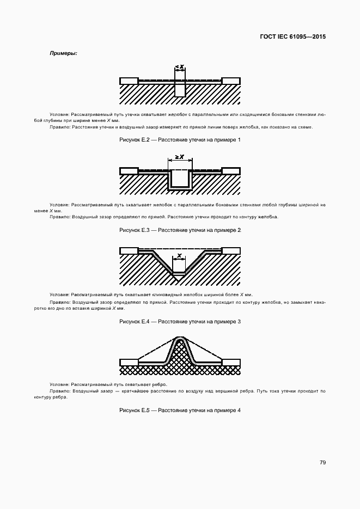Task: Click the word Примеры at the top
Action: [64, 53]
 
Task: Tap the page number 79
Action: [322, 462]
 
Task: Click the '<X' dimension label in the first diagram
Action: [180, 67]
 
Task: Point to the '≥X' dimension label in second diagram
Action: [180, 157]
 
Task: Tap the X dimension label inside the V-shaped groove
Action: [179, 255]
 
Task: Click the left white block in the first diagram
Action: [129, 81]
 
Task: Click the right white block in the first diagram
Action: [231, 81]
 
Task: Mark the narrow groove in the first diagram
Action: [180, 90]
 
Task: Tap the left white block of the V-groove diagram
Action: [129, 251]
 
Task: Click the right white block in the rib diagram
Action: [231, 362]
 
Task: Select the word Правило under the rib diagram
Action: [59, 391]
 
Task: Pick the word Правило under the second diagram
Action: [59, 217]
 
